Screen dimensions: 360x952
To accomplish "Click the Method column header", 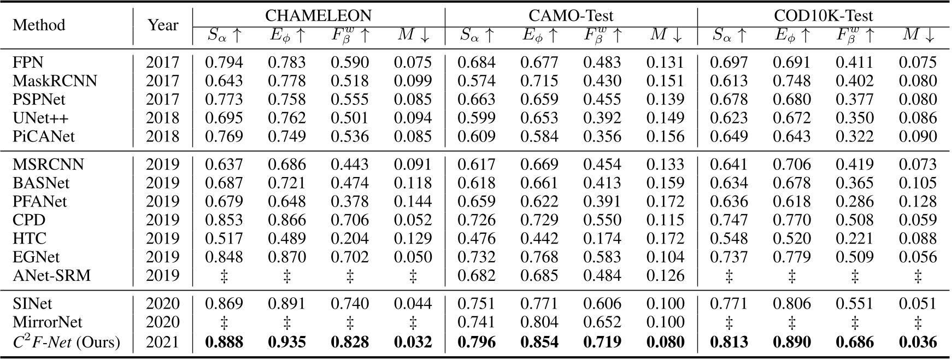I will (x=39, y=25).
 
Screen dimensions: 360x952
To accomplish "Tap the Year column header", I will (x=163, y=25).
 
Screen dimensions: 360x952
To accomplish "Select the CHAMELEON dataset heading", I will (x=318, y=15).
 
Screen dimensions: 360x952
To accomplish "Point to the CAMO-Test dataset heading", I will (x=571, y=15).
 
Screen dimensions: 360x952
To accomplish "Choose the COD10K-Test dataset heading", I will (x=824, y=15).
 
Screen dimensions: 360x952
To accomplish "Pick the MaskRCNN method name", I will (x=55, y=81).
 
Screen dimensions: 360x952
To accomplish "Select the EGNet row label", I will (x=36, y=257).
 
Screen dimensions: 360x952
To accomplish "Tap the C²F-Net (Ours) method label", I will (x=66, y=342).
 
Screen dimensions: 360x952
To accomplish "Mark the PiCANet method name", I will (x=44, y=137).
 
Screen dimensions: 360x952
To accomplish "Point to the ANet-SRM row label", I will (x=51, y=275).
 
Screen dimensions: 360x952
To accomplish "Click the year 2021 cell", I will (x=162, y=342).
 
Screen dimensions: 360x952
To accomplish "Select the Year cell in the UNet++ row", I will (x=162, y=118).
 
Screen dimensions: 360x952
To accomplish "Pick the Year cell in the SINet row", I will (x=162, y=304).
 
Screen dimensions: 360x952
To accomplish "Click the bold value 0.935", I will (x=286, y=342).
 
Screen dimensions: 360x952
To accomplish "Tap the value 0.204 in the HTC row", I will (x=350, y=238).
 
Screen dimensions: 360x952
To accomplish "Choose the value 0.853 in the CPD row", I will (x=224, y=220).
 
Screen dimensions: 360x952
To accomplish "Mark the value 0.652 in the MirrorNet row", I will (x=602, y=322).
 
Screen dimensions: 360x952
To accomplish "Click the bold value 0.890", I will (x=791, y=342).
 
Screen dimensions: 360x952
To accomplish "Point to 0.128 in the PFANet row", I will (x=918, y=201).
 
